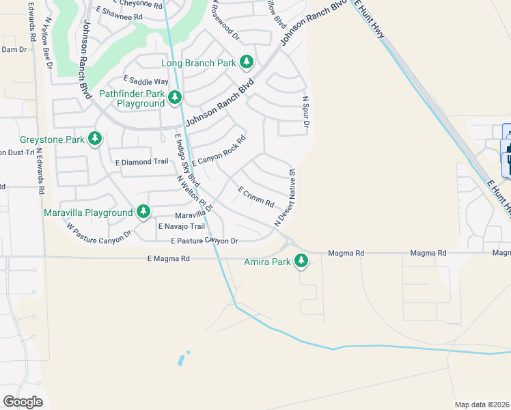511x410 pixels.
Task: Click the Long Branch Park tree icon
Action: coord(247,63)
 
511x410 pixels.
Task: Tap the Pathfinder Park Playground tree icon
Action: coord(176,98)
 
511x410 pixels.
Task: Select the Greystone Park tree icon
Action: coord(95,139)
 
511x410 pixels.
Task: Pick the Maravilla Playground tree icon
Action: coord(143,213)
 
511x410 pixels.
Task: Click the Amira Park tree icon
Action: coord(301,260)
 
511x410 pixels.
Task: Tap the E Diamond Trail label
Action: coord(142,162)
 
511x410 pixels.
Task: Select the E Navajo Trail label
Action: coord(182,226)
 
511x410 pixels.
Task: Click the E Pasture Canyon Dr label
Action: coord(204,241)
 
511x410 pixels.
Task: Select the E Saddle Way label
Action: coord(146,81)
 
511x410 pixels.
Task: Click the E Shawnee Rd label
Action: coord(120,14)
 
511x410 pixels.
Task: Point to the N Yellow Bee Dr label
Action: coord(46,44)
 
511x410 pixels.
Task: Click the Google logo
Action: coord(23,402)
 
